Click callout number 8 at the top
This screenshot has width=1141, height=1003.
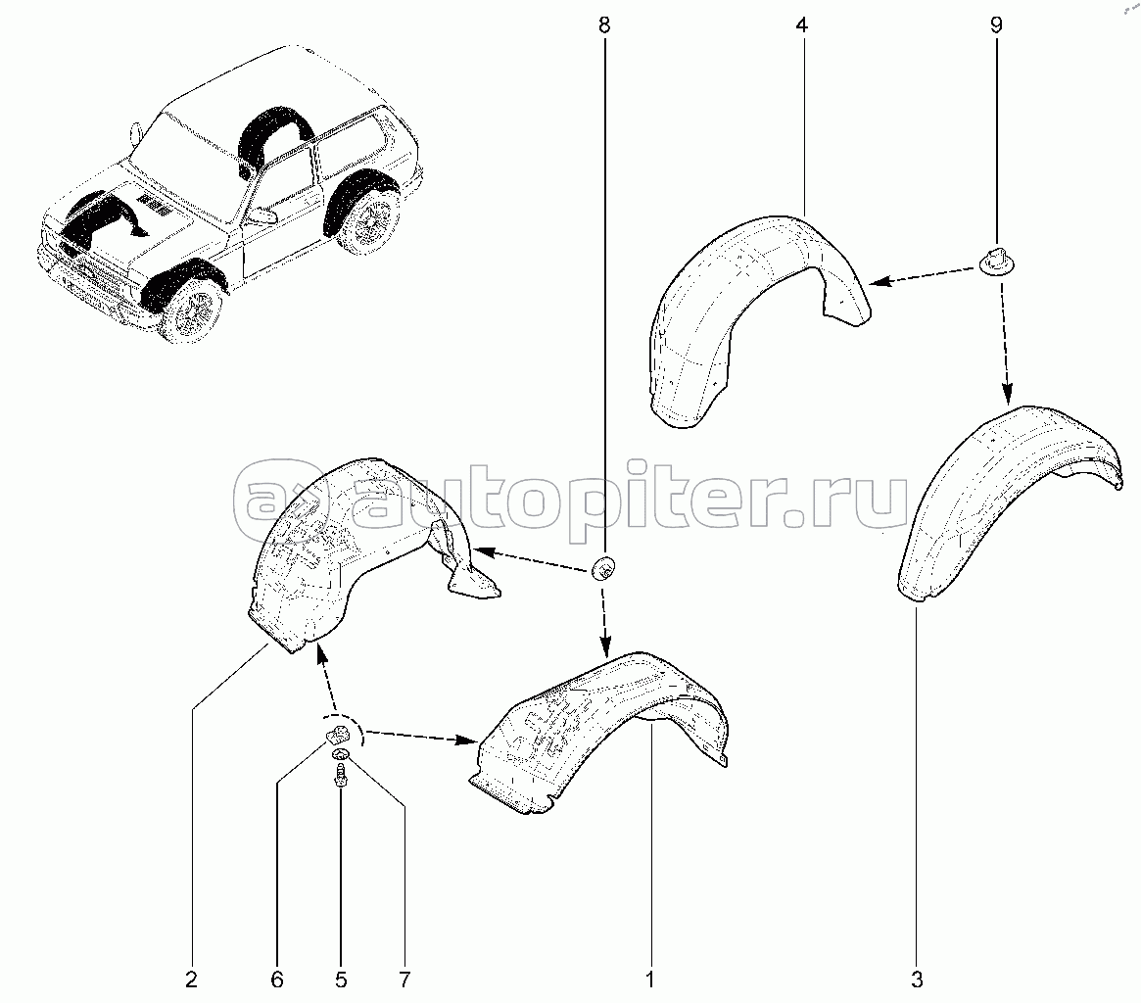pyautogui.click(x=604, y=25)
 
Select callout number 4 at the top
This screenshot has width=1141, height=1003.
pyautogui.click(x=801, y=25)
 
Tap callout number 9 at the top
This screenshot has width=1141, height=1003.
pyautogui.click(x=996, y=25)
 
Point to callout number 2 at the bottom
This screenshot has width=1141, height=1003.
pyautogui.click(x=191, y=979)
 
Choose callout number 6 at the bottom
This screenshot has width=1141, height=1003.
pyautogui.click(x=276, y=979)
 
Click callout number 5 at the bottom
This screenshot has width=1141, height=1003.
pyautogui.click(x=341, y=979)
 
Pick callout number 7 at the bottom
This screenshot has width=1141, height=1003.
pyautogui.click(x=404, y=979)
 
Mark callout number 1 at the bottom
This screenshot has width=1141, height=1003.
pyautogui.click(x=649, y=979)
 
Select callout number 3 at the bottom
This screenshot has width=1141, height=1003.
pyautogui.click(x=916, y=979)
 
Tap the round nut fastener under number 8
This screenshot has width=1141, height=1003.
pyautogui.click(x=604, y=567)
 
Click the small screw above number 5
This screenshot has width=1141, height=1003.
pyautogui.click(x=340, y=778)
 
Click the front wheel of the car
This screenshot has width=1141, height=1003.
pyautogui.click(x=191, y=310)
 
